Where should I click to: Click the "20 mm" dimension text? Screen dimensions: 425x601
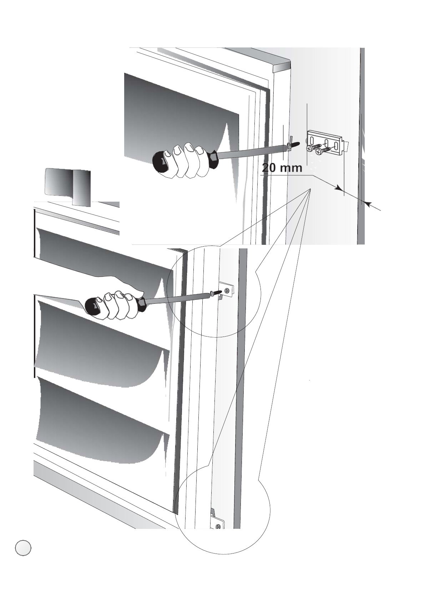pyautogui.click(x=282, y=168)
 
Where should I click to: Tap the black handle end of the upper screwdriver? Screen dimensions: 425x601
pyautogui.click(x=161, y=162)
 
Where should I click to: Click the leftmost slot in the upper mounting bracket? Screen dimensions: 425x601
pyautogui.click(x=314, y=137)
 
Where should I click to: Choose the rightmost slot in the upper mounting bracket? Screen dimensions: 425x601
pyautogui.click(x=336, y=147)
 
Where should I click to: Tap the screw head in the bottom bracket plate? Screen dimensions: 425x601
pyautogui.click(x=218, y=526)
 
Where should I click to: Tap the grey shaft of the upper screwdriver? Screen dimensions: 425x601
pyautogui.click(x=250, y=151)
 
